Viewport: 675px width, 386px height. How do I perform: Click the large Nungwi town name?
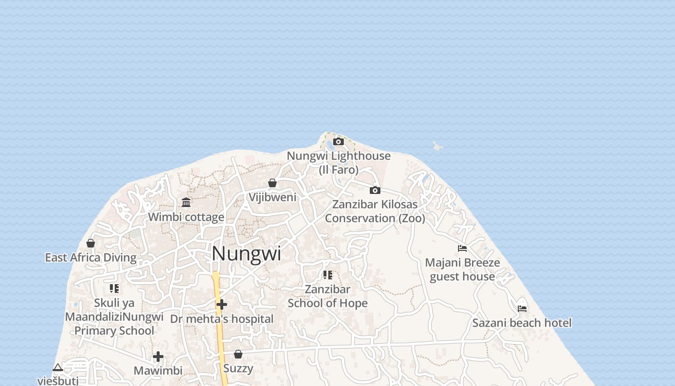(246, 254)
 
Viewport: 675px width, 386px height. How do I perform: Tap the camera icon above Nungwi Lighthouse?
(338, 141)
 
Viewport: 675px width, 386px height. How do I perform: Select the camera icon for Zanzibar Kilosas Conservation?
(375, 190)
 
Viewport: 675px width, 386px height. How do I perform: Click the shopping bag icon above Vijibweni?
(272, 183)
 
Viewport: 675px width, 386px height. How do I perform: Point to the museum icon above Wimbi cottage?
(186, 202)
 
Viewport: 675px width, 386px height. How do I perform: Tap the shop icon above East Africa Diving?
(91, 243)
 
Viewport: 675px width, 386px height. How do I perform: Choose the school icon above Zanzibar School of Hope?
(328, 275)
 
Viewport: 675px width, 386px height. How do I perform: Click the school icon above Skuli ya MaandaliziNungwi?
(114, 289)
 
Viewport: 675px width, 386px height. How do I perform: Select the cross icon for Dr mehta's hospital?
(222, 304)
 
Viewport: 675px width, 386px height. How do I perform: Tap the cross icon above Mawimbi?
(158, 357)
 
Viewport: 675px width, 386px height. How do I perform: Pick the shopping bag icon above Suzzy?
(238, 354)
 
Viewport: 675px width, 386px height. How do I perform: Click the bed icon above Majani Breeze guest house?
(462, 248)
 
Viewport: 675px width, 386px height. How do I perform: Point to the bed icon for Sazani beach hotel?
(522, 308)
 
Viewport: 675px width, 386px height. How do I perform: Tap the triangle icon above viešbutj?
(58, 367)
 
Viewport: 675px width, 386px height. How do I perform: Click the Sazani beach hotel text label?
(522, 323)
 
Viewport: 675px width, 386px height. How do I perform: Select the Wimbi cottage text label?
(186, 217)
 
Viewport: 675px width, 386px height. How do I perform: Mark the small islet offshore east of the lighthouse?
(437, 146)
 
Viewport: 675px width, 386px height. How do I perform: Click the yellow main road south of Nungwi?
(220, 328)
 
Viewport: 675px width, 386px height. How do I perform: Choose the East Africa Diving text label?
(91, 257)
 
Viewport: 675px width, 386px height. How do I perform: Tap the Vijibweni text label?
(272, 197)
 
